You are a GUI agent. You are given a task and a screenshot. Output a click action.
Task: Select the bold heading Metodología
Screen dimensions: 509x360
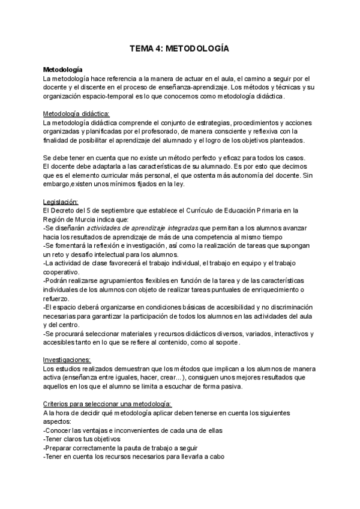coord(63,70)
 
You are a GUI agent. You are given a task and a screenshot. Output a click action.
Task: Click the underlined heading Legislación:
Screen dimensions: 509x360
coord(62,201)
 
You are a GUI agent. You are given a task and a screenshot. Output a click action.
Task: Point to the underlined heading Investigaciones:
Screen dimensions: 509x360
coord(67,359)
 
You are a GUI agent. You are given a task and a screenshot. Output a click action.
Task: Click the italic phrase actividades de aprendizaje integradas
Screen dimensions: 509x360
coord(147,228)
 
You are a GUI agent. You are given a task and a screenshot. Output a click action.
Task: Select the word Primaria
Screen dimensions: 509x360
coord(281,210)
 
